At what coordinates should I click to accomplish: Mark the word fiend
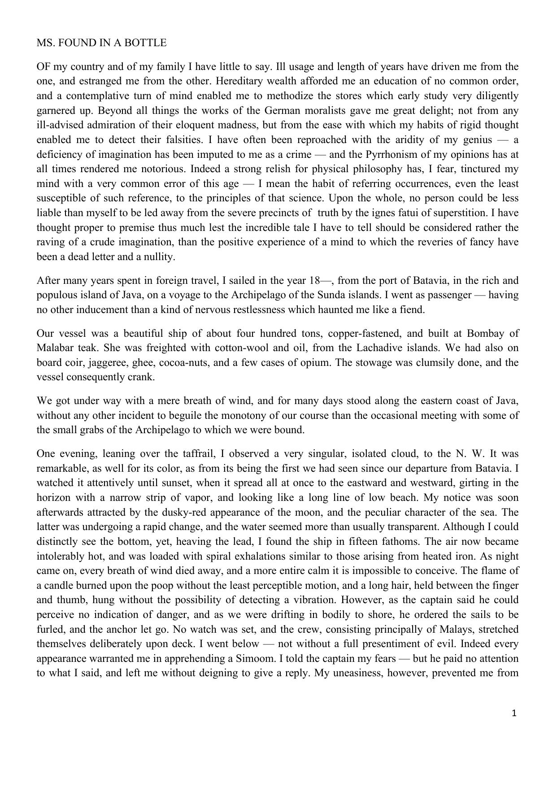412,310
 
